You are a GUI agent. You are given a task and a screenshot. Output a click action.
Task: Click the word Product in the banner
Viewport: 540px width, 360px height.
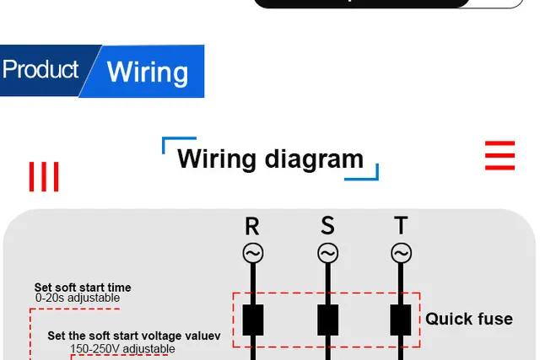(x=40, y=69)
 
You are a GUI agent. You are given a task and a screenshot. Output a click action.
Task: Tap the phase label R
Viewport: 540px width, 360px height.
(x=252, y=226)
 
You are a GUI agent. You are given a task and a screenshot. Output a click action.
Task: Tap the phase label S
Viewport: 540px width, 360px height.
(x=327, y=226)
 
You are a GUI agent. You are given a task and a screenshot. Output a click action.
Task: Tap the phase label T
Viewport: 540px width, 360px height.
(x=401, y=226)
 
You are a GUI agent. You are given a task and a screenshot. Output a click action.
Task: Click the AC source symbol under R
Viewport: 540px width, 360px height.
(x=252, y=253)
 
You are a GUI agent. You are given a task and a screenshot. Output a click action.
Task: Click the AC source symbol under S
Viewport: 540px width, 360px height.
(x=327, y=253)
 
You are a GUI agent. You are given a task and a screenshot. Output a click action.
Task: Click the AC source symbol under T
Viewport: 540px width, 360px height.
(x=401, y=253)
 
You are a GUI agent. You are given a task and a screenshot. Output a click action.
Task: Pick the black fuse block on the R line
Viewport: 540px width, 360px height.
(x=252, y=320)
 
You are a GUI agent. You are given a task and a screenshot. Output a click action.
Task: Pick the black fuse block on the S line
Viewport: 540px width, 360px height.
(x=327, y=320)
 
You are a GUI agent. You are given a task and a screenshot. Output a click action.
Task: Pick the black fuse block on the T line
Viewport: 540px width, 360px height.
(x=401, y=320)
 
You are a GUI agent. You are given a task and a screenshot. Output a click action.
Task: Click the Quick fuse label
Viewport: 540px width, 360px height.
(x=468, y=319)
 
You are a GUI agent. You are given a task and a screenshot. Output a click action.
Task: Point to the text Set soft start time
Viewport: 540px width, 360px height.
(x=83, y=287)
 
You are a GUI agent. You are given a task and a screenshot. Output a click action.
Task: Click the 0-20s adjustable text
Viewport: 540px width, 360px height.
(x=78, y=298)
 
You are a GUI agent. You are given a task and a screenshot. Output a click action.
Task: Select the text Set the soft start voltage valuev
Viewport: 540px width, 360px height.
(x=133, y=336)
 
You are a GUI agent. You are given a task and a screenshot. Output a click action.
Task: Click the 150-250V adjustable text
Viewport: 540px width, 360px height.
(x=122, y=348)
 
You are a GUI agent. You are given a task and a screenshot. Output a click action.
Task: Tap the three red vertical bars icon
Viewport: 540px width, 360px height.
(x=44, y=177)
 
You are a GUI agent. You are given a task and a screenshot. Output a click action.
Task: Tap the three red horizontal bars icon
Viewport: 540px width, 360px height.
(x=499, y=157)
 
